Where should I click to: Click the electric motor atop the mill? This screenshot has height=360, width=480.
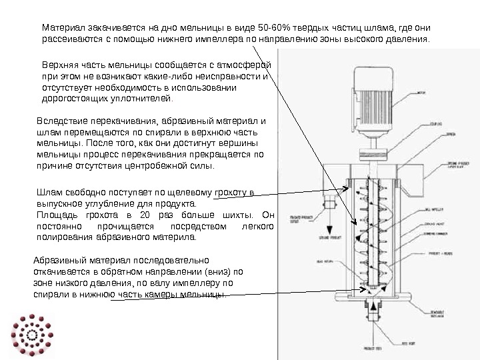[x=373, y=91]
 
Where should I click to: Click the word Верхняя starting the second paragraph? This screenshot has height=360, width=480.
[x=59, y=65]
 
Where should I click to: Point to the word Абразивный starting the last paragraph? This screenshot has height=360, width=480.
[x=60, y=261]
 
